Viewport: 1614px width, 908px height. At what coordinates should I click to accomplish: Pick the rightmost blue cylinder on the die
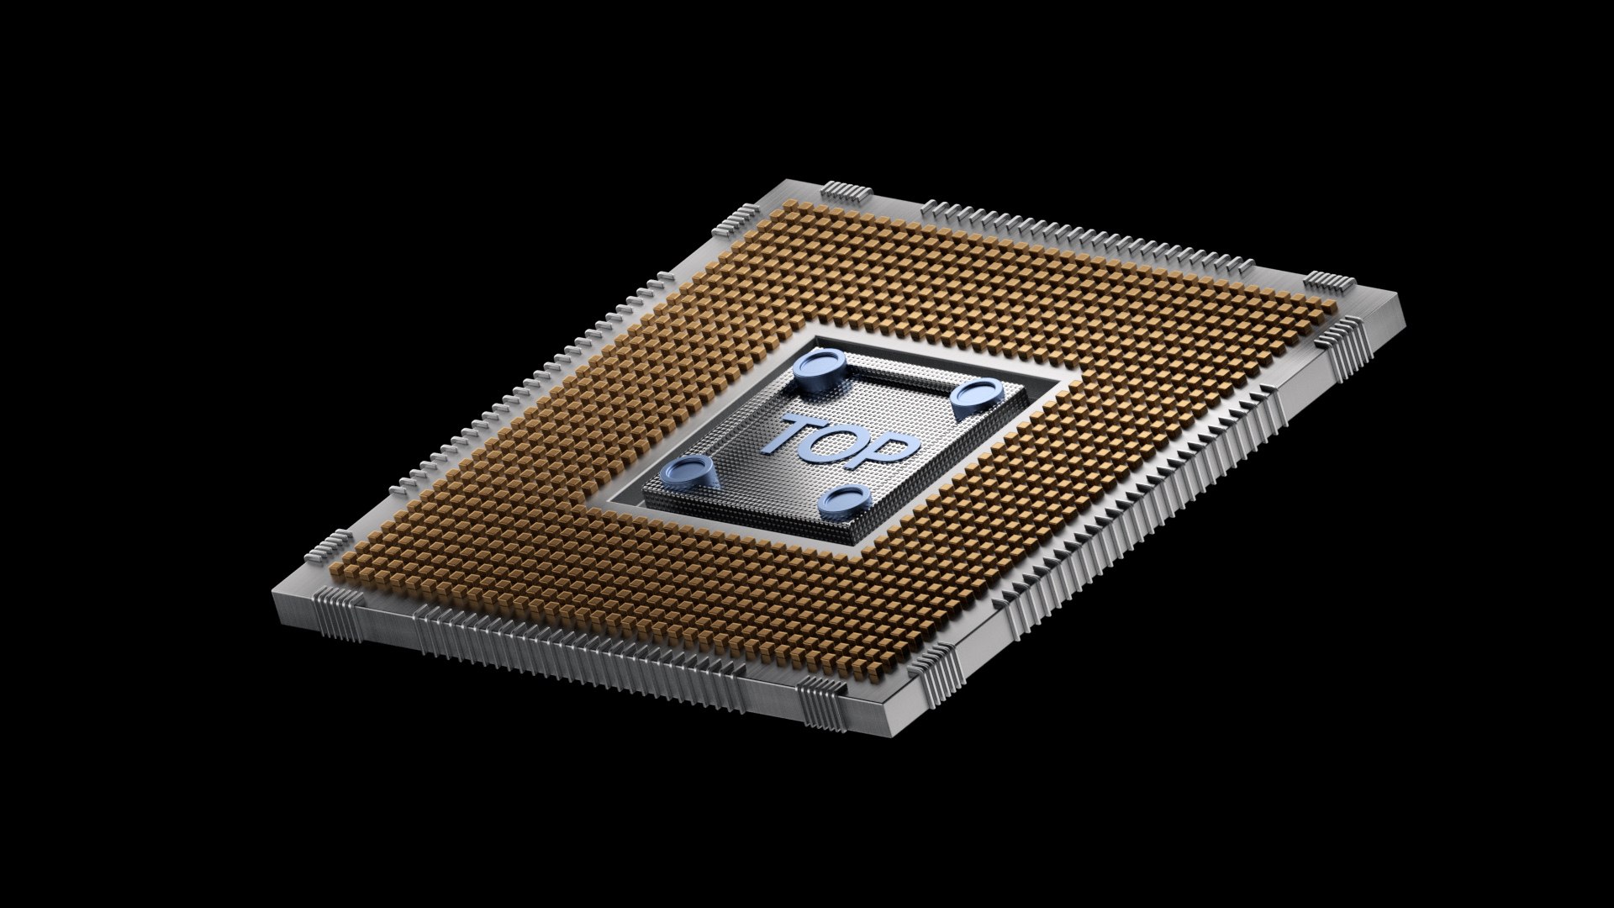[x=978, y=395]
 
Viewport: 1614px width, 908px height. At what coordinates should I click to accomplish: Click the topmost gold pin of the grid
[x=792, y=204]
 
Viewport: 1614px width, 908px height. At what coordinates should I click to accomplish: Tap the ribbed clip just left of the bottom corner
[x=820, y=699]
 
